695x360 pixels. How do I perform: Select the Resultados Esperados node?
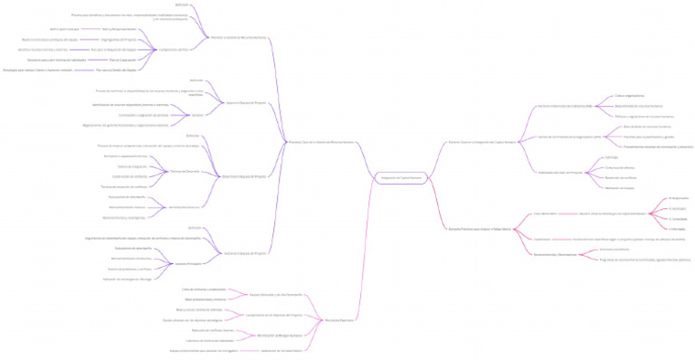[339, 320]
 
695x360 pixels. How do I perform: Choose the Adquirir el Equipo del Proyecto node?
[244, 103]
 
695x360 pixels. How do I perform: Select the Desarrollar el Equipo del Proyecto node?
[244, 176]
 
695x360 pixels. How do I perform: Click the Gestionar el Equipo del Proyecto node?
[244, 253]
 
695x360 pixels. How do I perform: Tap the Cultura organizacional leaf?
[630, 95]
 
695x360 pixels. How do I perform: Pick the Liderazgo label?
[612, 158]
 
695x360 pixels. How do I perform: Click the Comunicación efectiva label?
[619, 168]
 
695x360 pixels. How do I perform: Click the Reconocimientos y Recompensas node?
[555, 254]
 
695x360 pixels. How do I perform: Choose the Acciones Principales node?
[186, 263]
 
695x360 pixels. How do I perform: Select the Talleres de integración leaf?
[132, 166]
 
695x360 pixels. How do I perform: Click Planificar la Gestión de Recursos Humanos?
[239, 37]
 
